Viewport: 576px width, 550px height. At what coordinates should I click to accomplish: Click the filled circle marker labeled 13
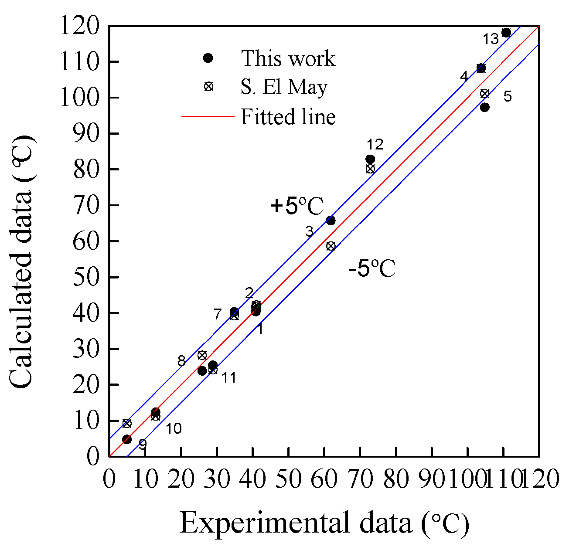(506, 33)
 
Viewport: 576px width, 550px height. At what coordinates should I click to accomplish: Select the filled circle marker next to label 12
(370, 159)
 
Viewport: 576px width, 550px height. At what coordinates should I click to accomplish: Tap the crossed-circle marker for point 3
(331, 246)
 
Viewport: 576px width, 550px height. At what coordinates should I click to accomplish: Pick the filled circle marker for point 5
(484, 107)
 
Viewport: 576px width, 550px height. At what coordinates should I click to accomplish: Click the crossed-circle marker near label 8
(202, 355)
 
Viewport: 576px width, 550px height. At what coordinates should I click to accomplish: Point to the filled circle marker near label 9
(127, 439)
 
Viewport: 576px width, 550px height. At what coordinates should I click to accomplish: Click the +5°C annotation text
(297, 206)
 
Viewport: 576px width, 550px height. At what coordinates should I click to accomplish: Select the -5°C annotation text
(372, 268)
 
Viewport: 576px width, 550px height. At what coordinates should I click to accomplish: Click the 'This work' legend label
(288, 58)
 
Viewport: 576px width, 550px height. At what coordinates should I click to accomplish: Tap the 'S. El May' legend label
(284, 87)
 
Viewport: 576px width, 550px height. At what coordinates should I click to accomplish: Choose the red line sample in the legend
(208, 116)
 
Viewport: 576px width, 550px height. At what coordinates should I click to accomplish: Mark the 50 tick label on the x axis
(289, 479)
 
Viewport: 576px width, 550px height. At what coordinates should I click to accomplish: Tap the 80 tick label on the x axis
(396, 479)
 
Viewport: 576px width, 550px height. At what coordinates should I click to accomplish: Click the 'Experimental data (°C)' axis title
(324, 523)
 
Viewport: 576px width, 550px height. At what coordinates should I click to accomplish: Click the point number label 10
(173, 429)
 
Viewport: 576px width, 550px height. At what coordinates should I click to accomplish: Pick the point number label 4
(464, 77)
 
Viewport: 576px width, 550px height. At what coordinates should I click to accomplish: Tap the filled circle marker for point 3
(331, 221)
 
